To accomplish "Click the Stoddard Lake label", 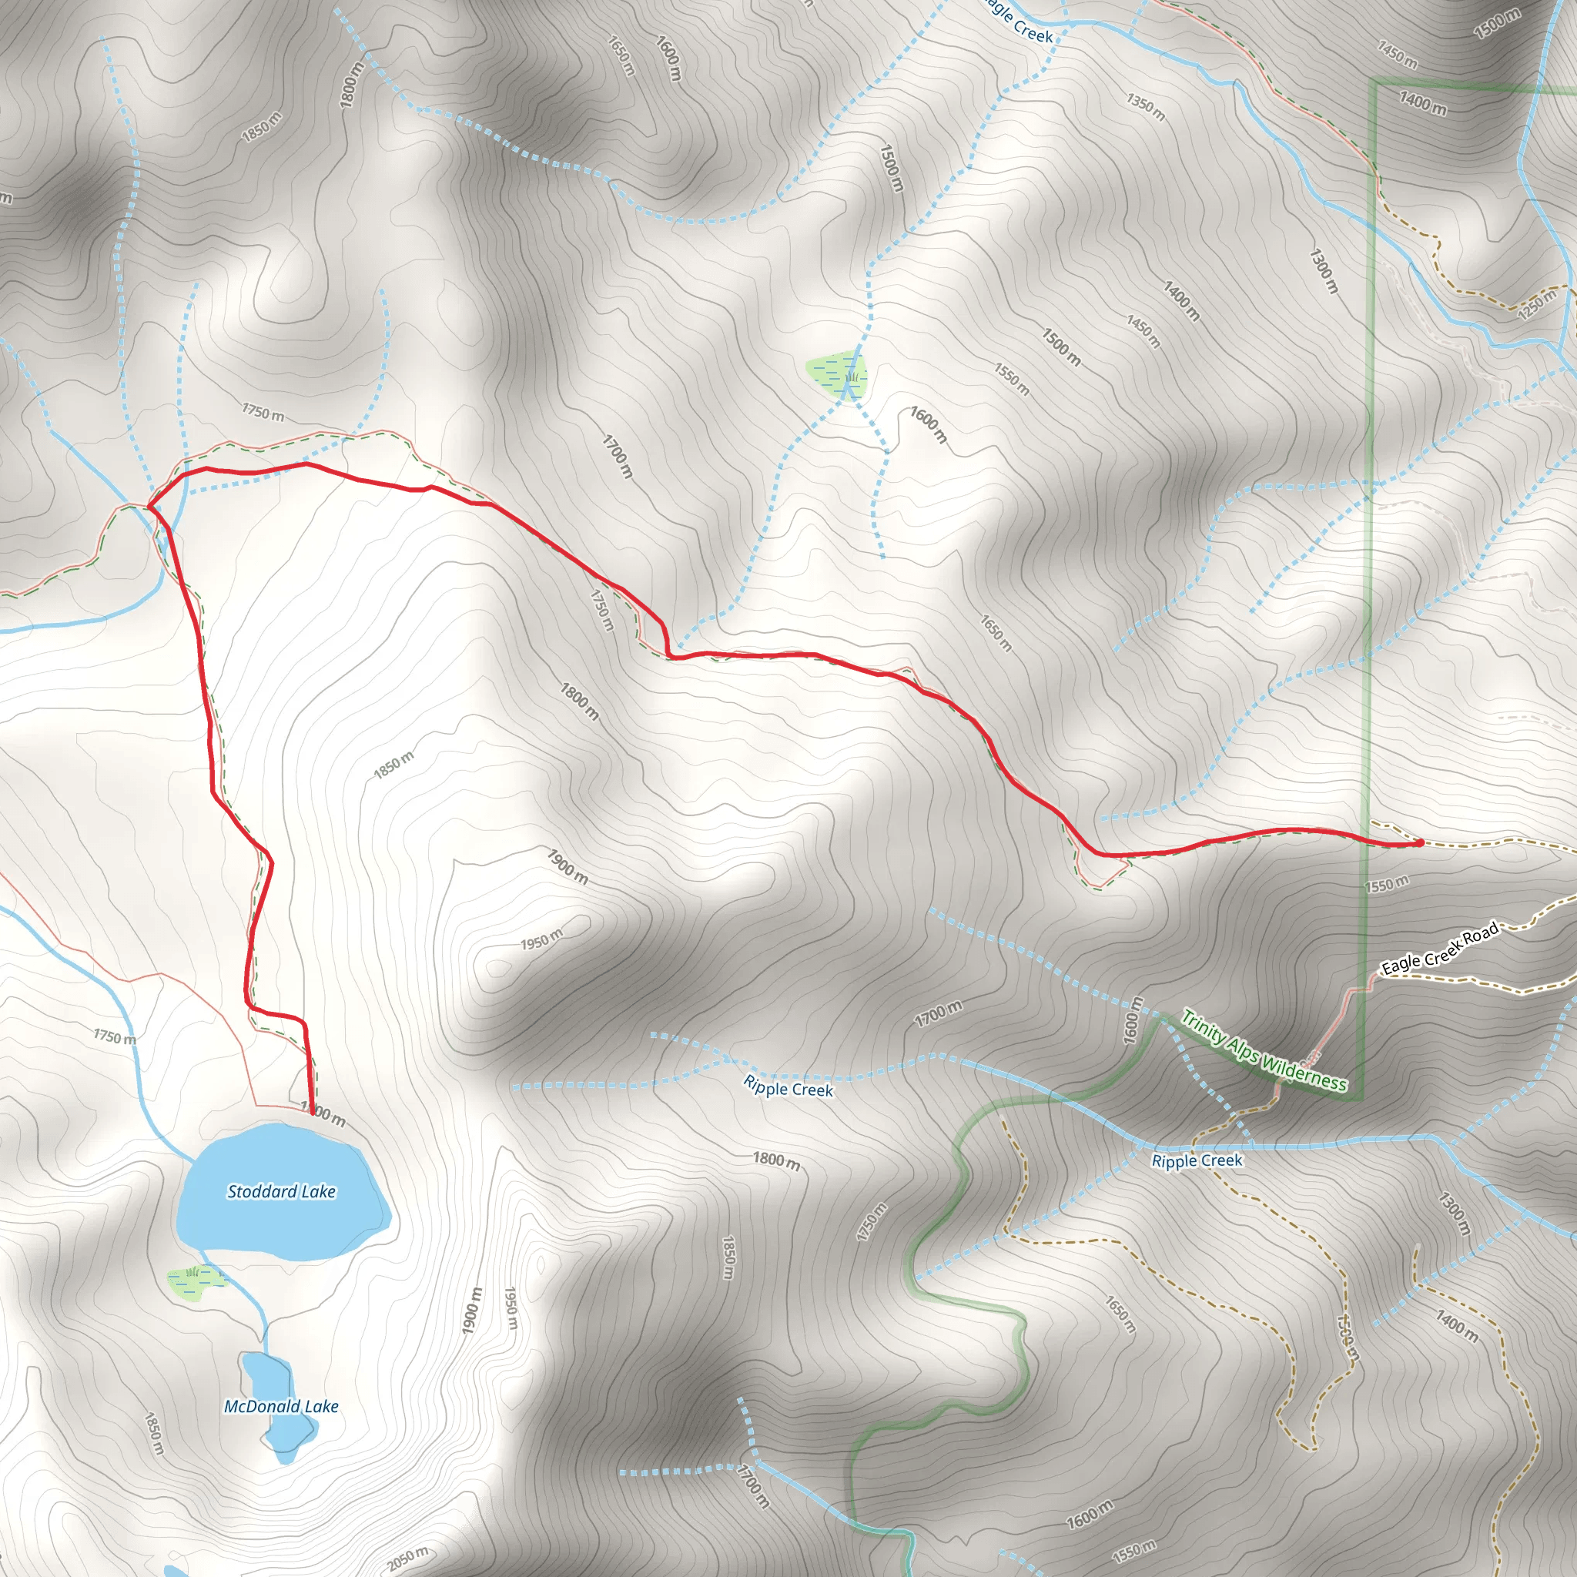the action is [281, 1192].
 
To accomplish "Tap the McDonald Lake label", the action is [281, 1406].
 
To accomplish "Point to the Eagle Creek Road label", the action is [1440, 948].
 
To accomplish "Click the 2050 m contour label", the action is [407, 1559].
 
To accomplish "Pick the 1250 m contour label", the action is [1538, 304].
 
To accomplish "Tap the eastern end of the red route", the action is [1420, 842].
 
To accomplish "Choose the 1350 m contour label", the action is [1146, 107].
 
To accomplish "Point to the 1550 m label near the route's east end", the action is [1386, 884].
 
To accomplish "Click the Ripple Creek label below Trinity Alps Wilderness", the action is [1197, 1160].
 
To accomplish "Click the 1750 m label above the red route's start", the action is [263, 412].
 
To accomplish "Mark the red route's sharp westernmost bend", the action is [149, 507].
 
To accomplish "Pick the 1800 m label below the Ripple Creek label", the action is [776, 1160].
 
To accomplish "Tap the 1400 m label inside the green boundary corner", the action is [1423, 104].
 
